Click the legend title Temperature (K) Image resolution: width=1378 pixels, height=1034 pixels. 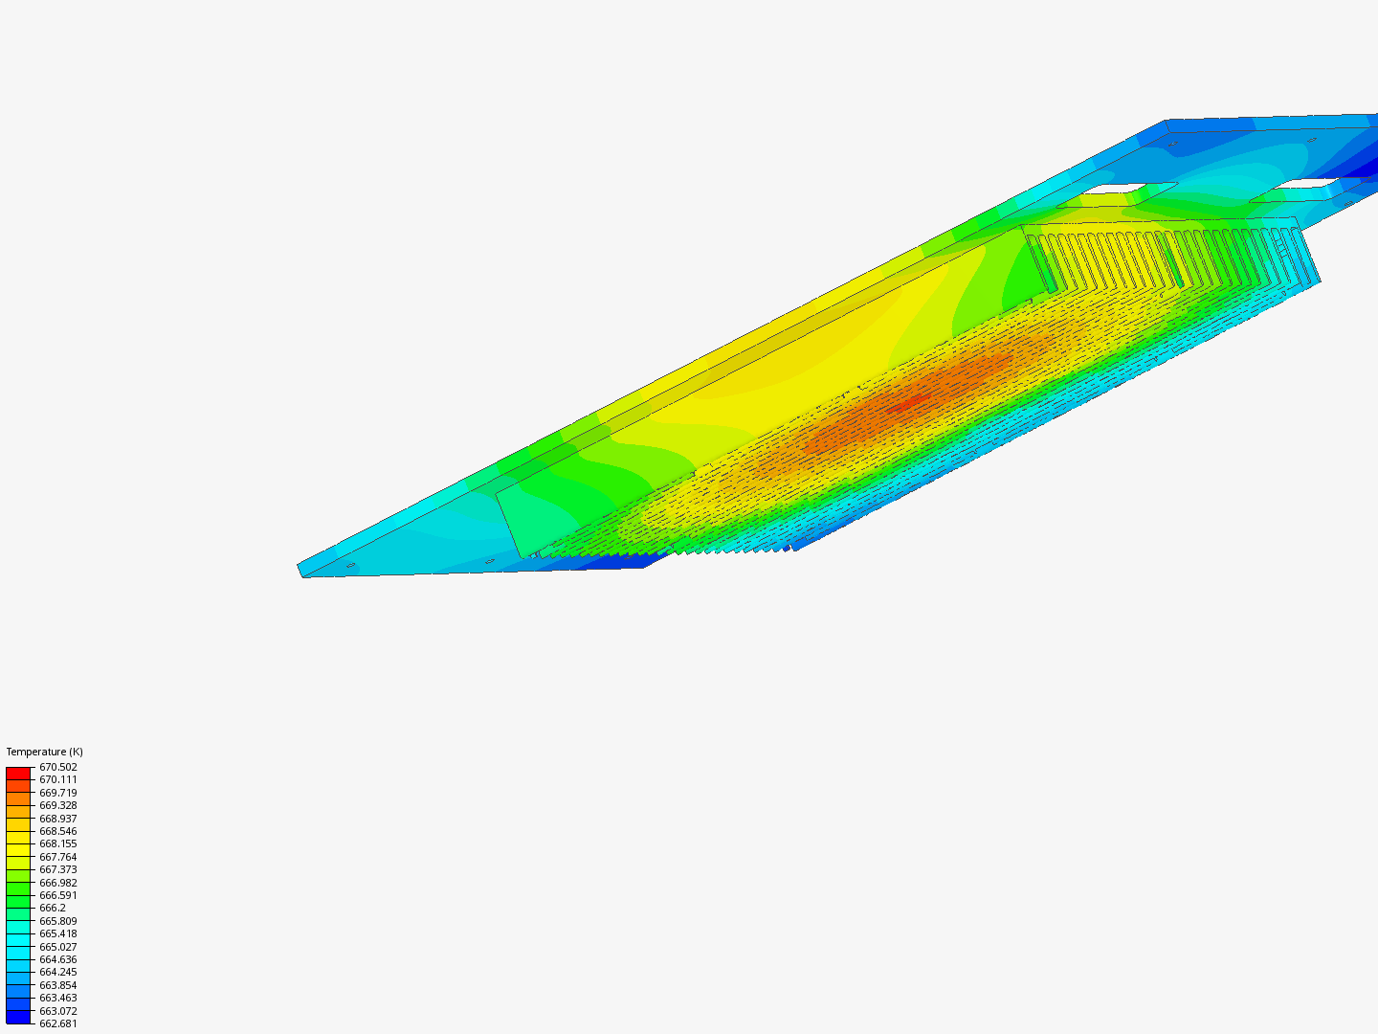pos(45,752)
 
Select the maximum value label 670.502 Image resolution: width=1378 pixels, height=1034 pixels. pos(58,767)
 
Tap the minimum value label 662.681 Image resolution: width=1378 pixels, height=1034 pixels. pos(58,1024)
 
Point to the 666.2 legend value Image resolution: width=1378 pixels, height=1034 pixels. pos(53,908)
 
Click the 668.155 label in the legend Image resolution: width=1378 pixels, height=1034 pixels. pos(58,843)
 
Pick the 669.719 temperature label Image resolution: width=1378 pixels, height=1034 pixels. pos(58,793)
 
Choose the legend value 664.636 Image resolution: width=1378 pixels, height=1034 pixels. pos(58,959)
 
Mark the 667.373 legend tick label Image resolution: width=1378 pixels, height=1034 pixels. pos(58,869)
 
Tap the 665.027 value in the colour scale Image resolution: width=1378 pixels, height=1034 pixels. pos(58,947)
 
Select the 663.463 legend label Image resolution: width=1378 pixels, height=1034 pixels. pos(58,999)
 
